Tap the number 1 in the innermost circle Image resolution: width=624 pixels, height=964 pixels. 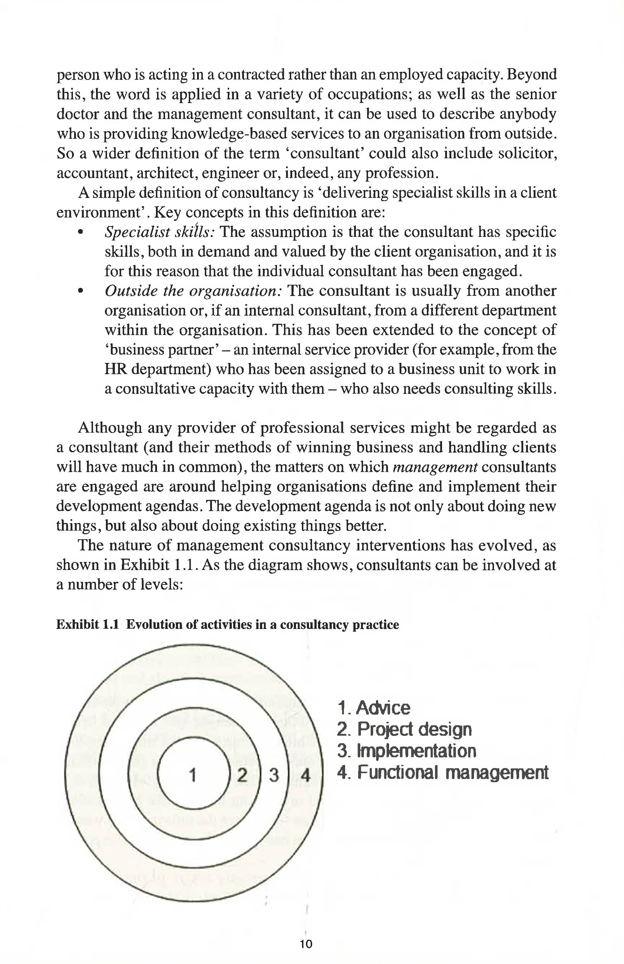(x=193, y=775)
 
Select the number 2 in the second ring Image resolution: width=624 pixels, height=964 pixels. (x=242, y=775)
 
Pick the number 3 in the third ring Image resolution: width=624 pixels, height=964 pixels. (x=274, y=775)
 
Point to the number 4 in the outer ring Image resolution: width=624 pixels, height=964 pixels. (x=306, y=775)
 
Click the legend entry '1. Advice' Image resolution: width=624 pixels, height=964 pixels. (x=373, y=708)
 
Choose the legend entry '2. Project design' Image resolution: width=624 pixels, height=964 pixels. (x=404, y=730)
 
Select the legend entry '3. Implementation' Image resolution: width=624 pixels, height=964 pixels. (x=406, y=751)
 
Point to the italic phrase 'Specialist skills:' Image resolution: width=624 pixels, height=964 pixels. (x=160, y=232)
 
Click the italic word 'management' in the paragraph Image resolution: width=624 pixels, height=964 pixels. (x=435, y=467)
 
